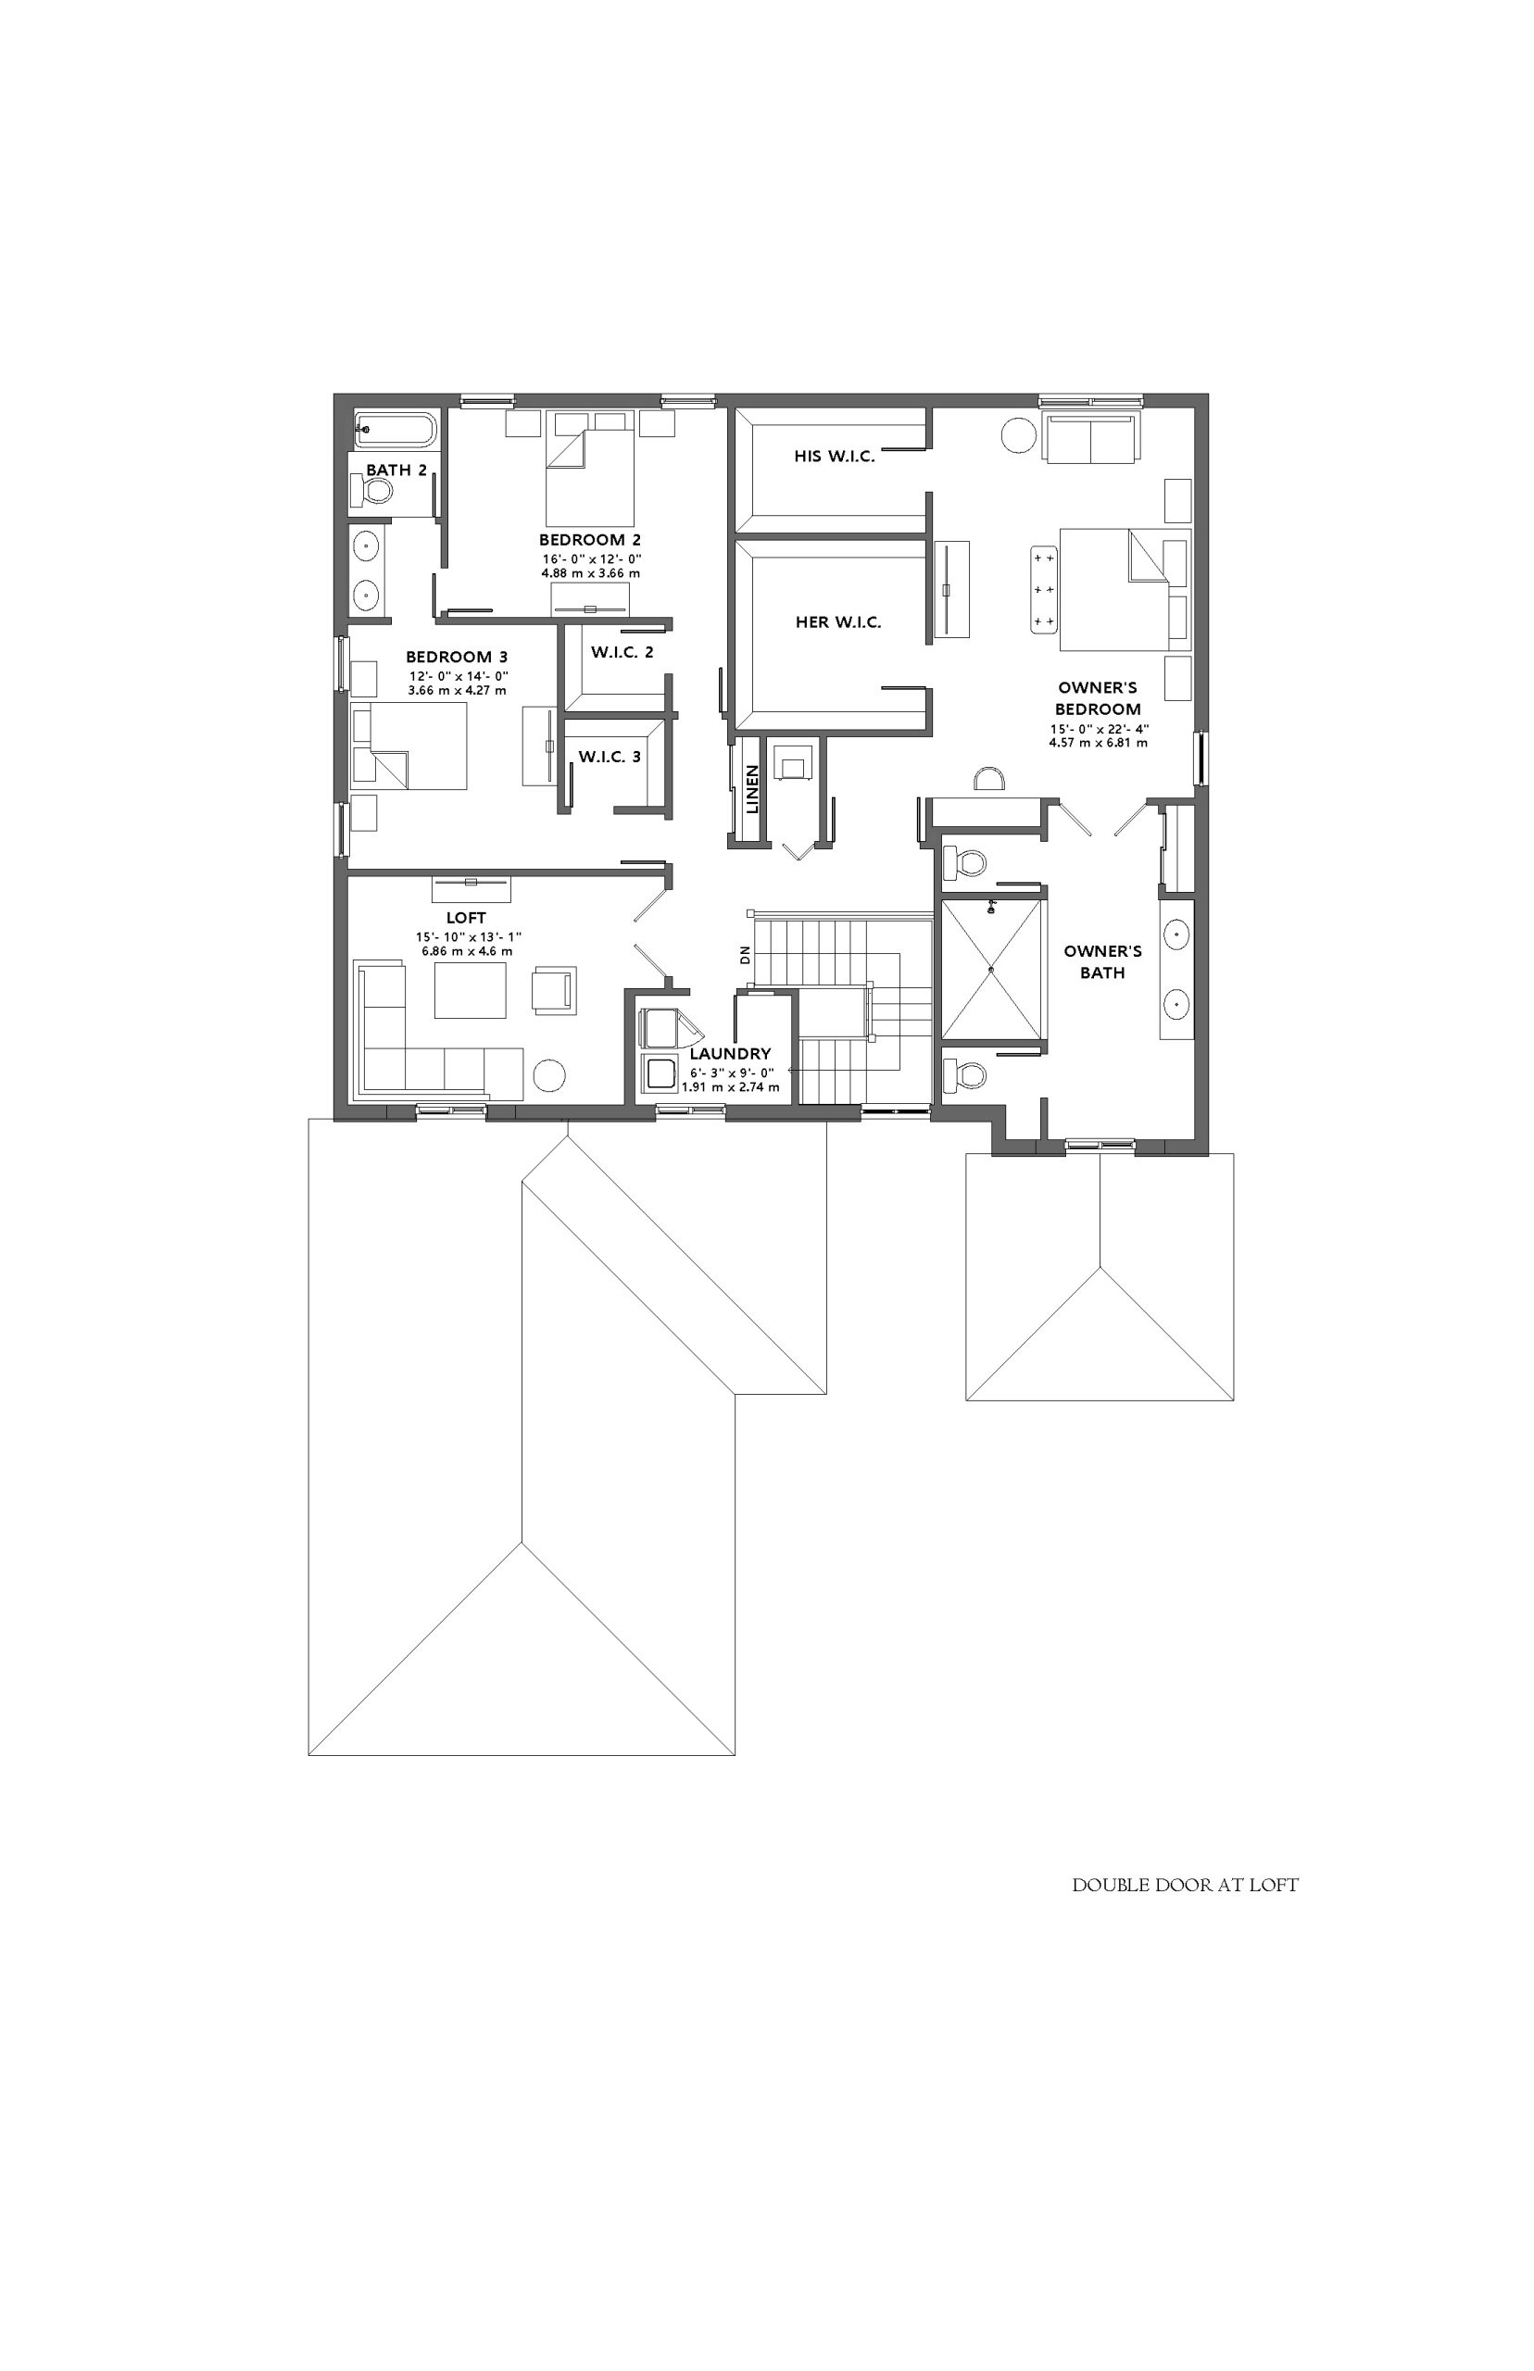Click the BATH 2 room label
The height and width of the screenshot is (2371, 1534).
point(396,470)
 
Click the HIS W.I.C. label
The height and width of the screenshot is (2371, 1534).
point(835,456)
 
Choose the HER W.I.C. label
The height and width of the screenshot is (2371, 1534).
point(837,622)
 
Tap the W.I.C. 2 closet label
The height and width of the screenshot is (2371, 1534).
point(622,652)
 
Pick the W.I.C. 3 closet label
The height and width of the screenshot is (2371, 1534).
point(610,757)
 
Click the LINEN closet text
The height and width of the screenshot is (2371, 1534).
point(752,789)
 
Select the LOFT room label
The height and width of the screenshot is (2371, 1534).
point(466,917)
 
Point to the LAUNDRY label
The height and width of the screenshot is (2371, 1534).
point(730,1054)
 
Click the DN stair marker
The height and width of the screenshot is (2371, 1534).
point(744,956)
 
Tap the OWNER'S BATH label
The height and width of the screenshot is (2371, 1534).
point(1102,962)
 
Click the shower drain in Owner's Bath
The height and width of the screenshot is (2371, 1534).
point(992,968)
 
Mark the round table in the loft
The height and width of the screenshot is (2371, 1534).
point(549,1075)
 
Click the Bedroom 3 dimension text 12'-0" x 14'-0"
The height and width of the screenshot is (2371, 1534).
point(459,676)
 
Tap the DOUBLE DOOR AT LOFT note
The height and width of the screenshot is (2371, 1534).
point(1186,1885)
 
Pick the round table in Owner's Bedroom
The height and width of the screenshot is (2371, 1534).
point(1019,435)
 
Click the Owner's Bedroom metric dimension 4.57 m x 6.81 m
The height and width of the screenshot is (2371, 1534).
point(1098,743)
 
